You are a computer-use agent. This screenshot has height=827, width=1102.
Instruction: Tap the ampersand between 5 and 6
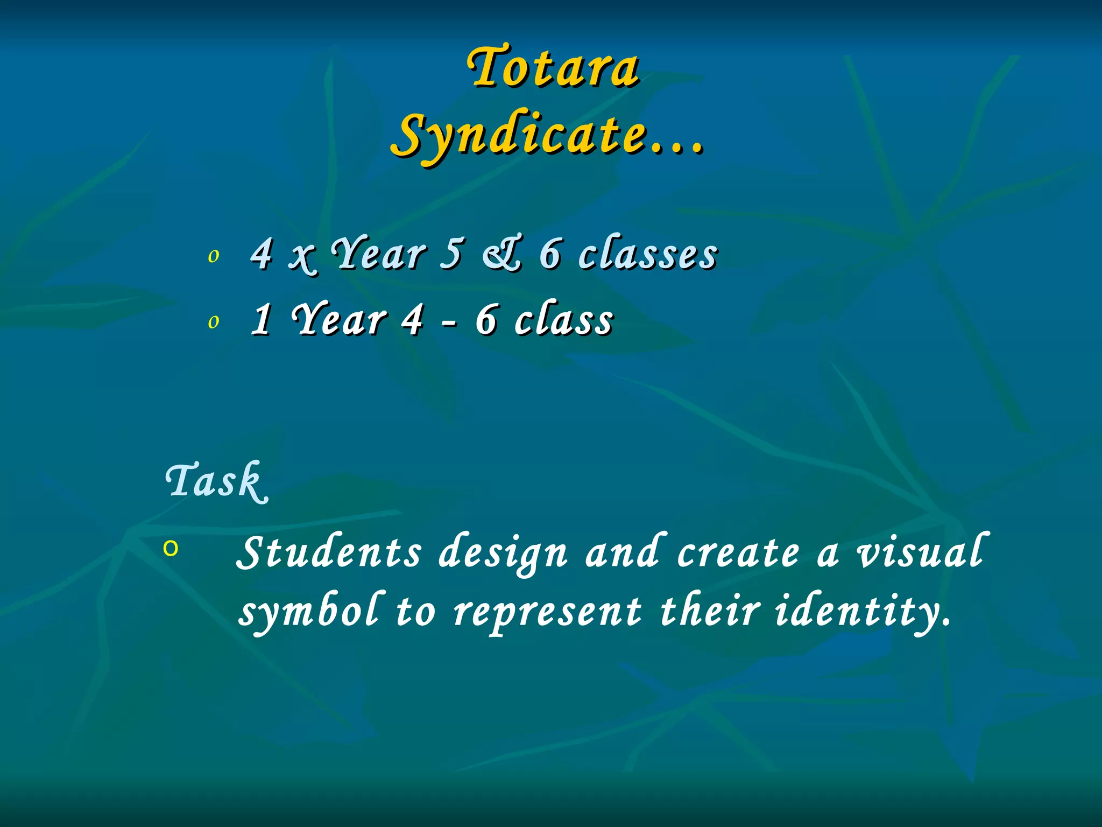tap(501, 254)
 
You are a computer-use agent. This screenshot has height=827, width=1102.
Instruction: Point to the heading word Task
tap(216, 481)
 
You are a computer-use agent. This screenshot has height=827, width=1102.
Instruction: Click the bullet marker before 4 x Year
tap(214, 256)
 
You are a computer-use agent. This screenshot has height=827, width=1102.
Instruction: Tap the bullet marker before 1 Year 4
tap(214, 322)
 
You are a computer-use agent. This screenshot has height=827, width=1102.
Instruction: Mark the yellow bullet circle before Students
tap(171, 549)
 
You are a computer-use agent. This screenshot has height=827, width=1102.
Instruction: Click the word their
tap(710, 612)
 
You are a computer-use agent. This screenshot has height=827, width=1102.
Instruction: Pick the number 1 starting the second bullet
tap(262, 320)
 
